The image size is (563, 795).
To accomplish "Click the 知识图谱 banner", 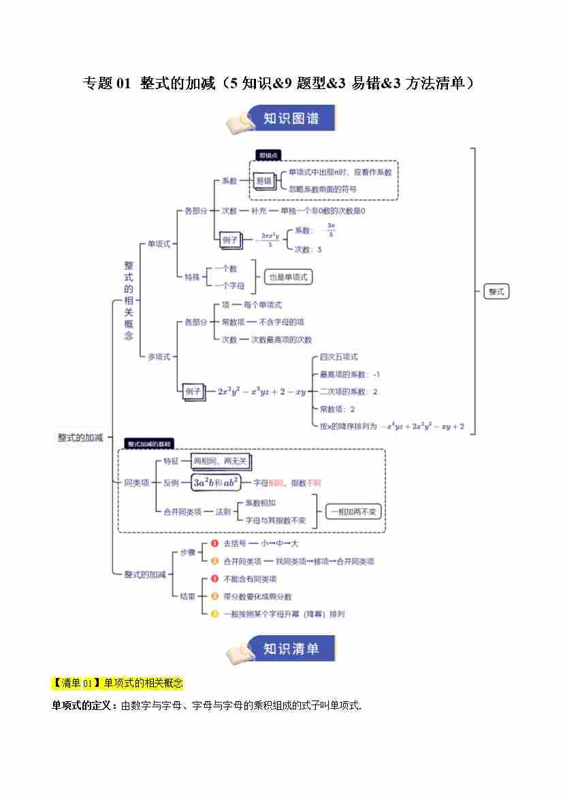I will [281, 118].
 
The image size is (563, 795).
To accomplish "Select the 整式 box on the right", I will [496, 291].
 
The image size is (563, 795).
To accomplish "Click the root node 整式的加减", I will [80, 438].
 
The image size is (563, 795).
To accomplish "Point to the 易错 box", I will [263, 181].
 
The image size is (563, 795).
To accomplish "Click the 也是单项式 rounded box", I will [288, 277].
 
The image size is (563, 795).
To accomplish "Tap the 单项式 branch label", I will [159, 243].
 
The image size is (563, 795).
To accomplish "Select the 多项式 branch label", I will [159, 356].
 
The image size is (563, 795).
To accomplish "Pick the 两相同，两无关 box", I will [221, 462].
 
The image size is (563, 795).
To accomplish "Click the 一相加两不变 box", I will [353, 512].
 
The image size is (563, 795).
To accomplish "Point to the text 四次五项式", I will [338, 356].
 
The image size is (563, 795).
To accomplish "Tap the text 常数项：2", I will [337, 409].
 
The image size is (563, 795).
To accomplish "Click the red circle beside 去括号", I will [214, 543].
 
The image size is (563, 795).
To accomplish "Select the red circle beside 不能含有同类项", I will [214, 579].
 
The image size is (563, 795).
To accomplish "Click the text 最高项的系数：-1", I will [349, 374].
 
